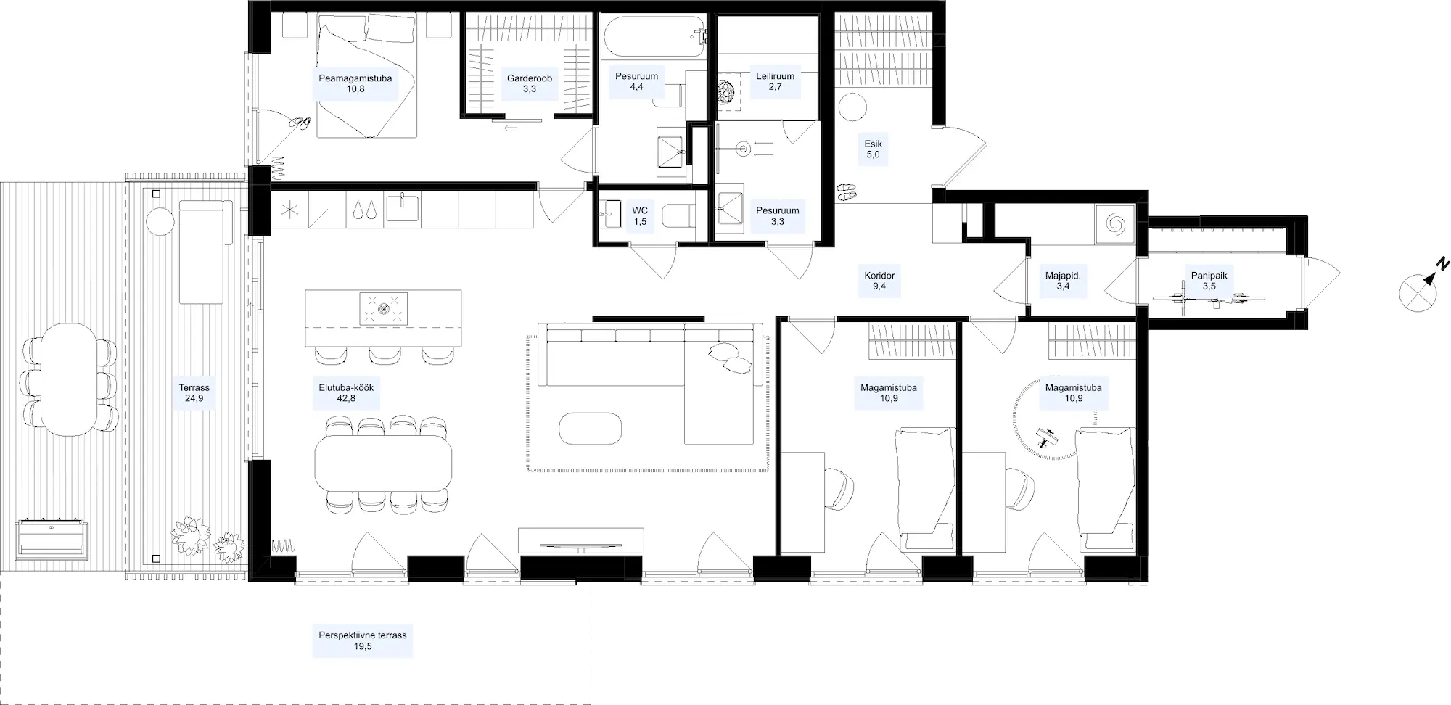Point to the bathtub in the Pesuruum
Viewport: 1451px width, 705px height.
click(653, 38)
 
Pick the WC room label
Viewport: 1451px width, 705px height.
click(640, 216)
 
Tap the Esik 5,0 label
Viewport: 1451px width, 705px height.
click(873, 149)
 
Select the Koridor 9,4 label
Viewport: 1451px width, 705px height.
click(879, 281)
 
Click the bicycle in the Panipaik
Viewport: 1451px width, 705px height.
click(1209, 298)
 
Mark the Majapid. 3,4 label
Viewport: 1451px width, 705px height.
click(1063, 281)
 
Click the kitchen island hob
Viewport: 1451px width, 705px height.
click(384, 308)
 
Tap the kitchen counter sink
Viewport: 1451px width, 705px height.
click(403, 207)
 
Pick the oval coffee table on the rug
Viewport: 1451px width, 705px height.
click(591, 428)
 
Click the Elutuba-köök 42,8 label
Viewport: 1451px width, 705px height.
click(346, 392)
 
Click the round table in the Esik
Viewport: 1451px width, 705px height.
click(852, 109)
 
